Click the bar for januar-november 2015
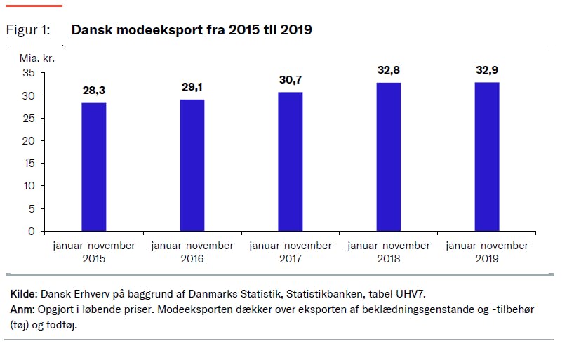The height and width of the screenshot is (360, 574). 94,167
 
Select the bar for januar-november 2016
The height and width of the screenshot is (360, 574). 192,165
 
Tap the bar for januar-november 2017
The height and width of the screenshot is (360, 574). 291,161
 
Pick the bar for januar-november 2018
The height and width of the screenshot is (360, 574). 389,156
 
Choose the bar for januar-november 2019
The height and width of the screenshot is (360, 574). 487,156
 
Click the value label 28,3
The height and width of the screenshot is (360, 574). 94,90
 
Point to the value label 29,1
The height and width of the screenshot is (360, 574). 192,87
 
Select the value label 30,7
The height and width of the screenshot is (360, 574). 291,80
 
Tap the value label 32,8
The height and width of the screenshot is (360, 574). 389,70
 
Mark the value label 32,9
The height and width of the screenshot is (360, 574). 487,70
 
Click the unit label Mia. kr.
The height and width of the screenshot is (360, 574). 36,58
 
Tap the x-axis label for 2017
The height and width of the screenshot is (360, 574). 291,252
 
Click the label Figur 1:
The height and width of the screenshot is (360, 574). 28,30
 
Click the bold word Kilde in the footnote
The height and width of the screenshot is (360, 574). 25,293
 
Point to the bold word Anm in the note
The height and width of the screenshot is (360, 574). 23,309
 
